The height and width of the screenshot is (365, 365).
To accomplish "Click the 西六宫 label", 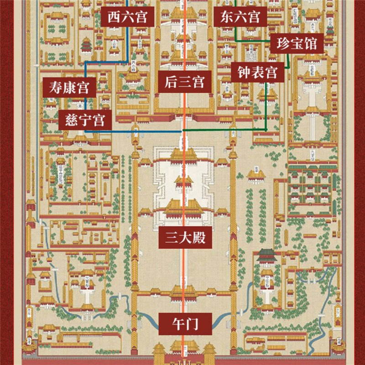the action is click(128, 17).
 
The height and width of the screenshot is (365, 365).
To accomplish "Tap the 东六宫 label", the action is click(240, 17).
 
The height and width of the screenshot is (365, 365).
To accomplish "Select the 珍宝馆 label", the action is click(297, 44).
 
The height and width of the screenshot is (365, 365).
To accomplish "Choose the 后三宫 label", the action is click(184, 82).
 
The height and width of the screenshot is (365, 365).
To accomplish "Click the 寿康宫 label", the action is click(69, 87).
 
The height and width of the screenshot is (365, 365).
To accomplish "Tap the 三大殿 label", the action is click(185, 238).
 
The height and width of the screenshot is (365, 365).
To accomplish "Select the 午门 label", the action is click(185, 324).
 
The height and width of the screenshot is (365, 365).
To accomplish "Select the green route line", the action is click(228, 130).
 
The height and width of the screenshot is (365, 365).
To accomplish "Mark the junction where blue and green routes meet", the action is click(183, 131).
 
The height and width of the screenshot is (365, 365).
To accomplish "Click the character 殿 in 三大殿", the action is click(201, 238).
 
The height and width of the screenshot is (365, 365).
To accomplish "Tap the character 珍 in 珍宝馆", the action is click(281, 44).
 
